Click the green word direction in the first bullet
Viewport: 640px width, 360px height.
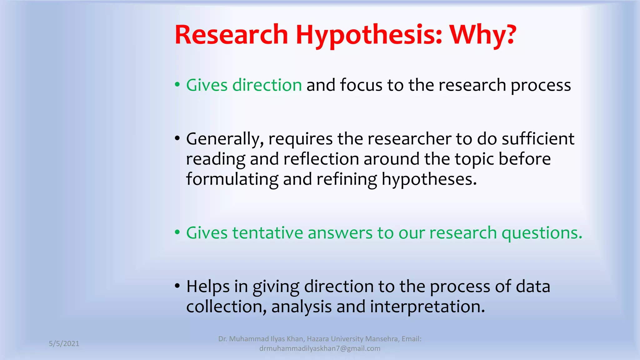pos(267,85)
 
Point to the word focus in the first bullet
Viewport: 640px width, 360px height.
pos(361,85)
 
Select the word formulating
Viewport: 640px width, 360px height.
pos(232,179)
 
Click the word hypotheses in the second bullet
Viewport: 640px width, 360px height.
pos(429,179)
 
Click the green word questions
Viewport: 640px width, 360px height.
pos(542,233)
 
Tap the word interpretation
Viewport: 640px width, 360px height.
pos(427,307)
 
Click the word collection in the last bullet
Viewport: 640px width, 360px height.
pos(226,307)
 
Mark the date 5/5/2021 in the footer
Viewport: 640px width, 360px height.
pos(64,344)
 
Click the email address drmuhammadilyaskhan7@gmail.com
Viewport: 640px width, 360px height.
pos(320,348)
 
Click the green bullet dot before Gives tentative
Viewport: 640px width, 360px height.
pos(177,232)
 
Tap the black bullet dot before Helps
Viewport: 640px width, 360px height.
pos(177,286)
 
